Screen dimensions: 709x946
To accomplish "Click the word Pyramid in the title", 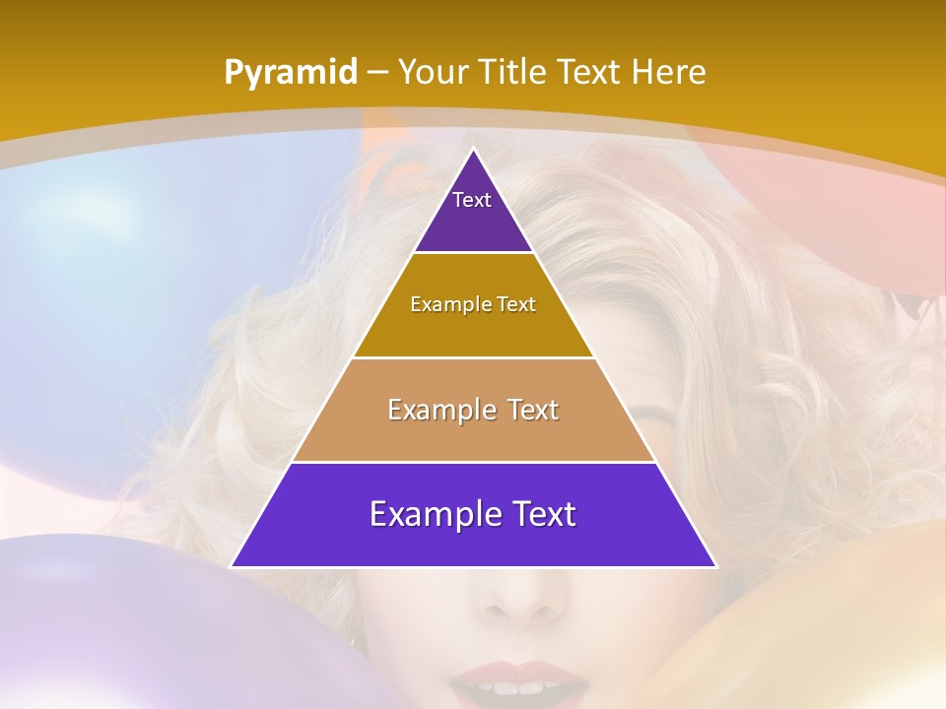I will point(290,72).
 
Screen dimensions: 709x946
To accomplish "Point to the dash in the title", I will point(377,73).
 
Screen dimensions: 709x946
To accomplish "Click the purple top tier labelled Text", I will point(473,212).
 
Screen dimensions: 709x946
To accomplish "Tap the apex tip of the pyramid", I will point(473,151).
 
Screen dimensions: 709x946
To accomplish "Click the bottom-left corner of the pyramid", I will point(233,565).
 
